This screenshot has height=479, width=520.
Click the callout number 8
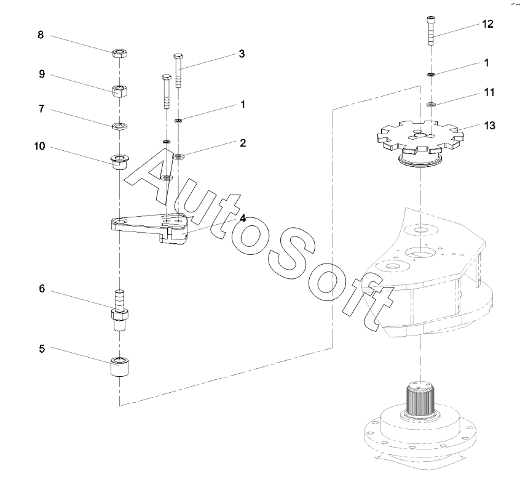(41, 35)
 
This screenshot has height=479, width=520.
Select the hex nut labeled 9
(120, 91)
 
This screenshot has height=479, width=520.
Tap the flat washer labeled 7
(120, 126)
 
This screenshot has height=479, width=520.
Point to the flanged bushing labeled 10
(120, 162)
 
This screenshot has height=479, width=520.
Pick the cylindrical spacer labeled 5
(120, 367)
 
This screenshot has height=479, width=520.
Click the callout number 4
(243, 219)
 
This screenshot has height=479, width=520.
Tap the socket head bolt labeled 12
(430, 31)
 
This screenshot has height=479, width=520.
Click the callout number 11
(489, 92)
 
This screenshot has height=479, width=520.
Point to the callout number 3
(242, 54)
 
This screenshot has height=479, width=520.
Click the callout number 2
(243, 143)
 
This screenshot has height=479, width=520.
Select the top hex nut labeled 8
(120, 53)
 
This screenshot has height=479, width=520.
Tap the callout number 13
(489, 126)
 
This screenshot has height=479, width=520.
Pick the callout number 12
(487, 24)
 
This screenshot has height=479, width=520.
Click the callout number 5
(42, 349)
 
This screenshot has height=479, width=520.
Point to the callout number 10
(39, 146)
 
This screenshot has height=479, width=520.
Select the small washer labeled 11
(431, 105)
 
